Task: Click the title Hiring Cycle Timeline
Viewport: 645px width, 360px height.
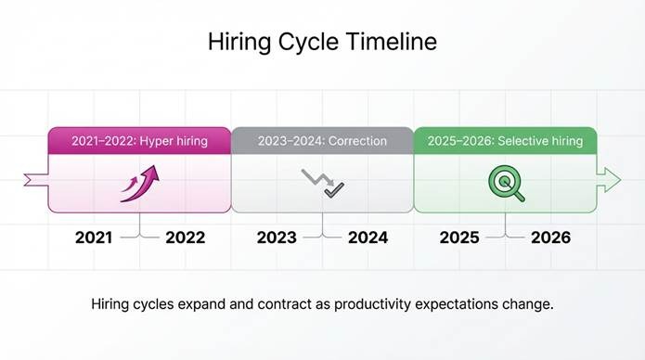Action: coord(322,43)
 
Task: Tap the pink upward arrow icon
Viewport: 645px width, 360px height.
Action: coord(139,182)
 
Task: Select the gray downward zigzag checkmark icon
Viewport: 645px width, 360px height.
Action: coord(322,182)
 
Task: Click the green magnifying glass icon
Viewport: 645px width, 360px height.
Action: coord(506,183)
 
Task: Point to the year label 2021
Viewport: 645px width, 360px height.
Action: coord(94,238)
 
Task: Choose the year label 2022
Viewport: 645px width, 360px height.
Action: coord(186,238)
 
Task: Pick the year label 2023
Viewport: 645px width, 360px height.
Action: coord(277,238)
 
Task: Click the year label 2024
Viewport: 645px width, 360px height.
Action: coord(368,238)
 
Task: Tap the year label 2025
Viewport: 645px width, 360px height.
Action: coord(459,238)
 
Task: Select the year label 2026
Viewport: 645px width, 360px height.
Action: coord(550,238)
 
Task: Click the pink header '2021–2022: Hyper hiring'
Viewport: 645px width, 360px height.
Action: coord(139,141)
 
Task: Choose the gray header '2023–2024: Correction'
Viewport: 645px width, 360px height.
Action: coord(322,141)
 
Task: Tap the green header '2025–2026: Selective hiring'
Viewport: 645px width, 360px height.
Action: coord(505,141)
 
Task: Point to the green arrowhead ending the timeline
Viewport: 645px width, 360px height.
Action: coord(610,180)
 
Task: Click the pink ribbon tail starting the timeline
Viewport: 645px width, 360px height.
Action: coord(35,178)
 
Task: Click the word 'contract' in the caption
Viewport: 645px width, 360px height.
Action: coord(269,304)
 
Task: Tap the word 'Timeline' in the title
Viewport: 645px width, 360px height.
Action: coord(393,43)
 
